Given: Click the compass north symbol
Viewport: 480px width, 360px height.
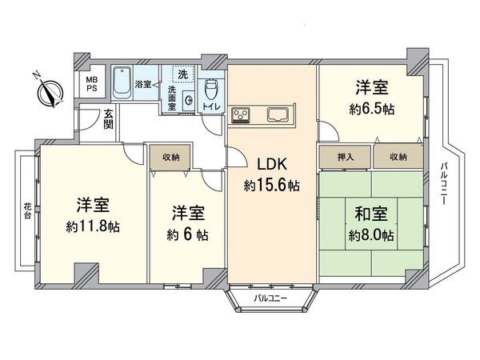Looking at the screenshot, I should point(49,92).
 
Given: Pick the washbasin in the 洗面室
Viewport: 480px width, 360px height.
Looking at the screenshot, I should point(187,101).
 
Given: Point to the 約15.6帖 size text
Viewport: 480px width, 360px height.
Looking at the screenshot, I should point(272,186).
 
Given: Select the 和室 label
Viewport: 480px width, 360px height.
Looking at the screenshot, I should point(370,214).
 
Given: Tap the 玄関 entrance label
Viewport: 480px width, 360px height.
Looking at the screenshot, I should point(108,119).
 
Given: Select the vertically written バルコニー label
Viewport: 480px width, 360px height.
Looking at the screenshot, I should point(444,183).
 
